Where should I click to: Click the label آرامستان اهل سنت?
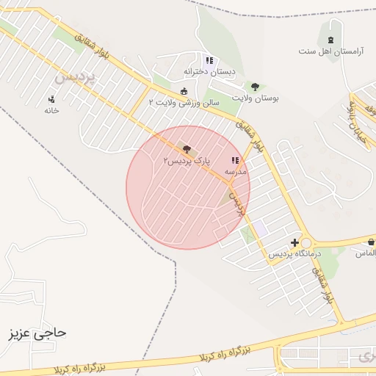[330, 51]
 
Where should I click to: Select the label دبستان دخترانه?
[212, 72]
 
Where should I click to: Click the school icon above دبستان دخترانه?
[209, 60]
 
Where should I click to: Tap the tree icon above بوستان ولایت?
[255, 86]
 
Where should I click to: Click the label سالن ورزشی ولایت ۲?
[184, 103]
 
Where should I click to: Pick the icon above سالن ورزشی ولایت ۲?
[184, 91]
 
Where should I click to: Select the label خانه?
[51, 110]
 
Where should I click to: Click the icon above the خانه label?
[51, 98]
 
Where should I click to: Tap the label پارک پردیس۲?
[186, 160]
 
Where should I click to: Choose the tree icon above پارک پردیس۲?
[185, 149]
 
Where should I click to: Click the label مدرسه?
[236, 171]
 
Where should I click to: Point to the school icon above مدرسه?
[235, 160]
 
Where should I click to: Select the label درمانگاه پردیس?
[275, 254]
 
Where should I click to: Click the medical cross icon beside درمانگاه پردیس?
[294, 242]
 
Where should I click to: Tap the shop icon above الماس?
[372, 242]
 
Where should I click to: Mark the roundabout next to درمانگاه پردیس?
[307, 243]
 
